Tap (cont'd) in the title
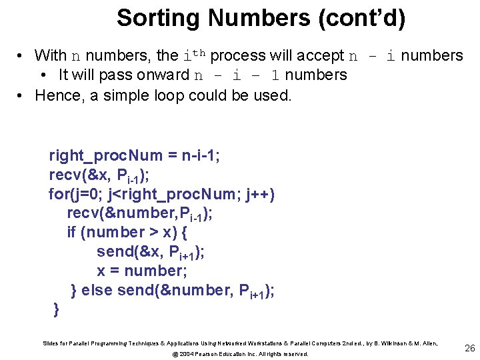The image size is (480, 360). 363,18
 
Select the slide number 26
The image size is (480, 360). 469,347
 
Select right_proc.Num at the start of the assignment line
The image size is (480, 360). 105,156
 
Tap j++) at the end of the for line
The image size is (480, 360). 257,194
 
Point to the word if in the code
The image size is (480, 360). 71,232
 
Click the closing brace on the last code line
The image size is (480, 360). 56,309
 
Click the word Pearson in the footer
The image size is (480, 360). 214,354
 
